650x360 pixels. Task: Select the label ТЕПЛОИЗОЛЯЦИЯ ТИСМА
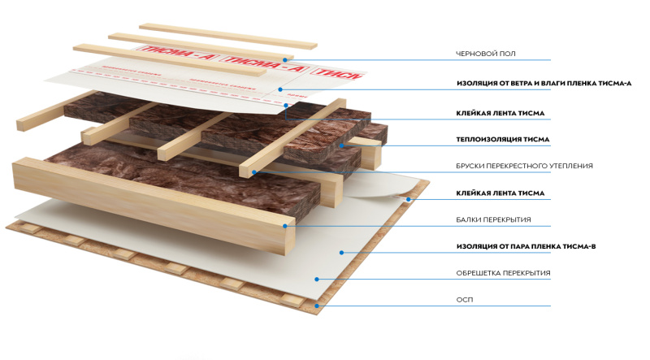503,140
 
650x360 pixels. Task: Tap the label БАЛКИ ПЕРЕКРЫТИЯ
492,219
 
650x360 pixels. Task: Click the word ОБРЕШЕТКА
479,273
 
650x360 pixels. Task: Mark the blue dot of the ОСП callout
317,306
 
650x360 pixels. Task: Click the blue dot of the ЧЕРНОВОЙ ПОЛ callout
286,59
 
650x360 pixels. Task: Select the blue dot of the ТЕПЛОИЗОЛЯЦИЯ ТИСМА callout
342,146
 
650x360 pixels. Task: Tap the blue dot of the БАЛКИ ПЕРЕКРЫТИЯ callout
284,226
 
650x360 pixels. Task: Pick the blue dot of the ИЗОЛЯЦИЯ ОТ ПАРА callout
342,253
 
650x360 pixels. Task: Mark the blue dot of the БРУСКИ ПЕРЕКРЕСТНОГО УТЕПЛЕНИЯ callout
253,171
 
